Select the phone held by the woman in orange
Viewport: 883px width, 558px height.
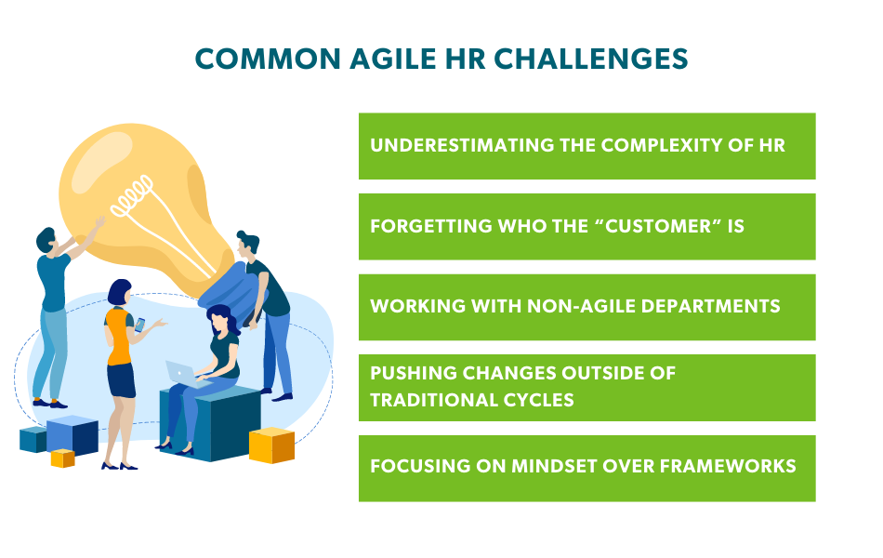click(x=140, y=325)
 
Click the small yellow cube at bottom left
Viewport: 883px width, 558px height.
click(x=62, y=458)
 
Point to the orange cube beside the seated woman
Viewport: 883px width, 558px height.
click(x=271, y=445)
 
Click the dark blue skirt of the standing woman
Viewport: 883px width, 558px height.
click(x=121, y=379)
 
